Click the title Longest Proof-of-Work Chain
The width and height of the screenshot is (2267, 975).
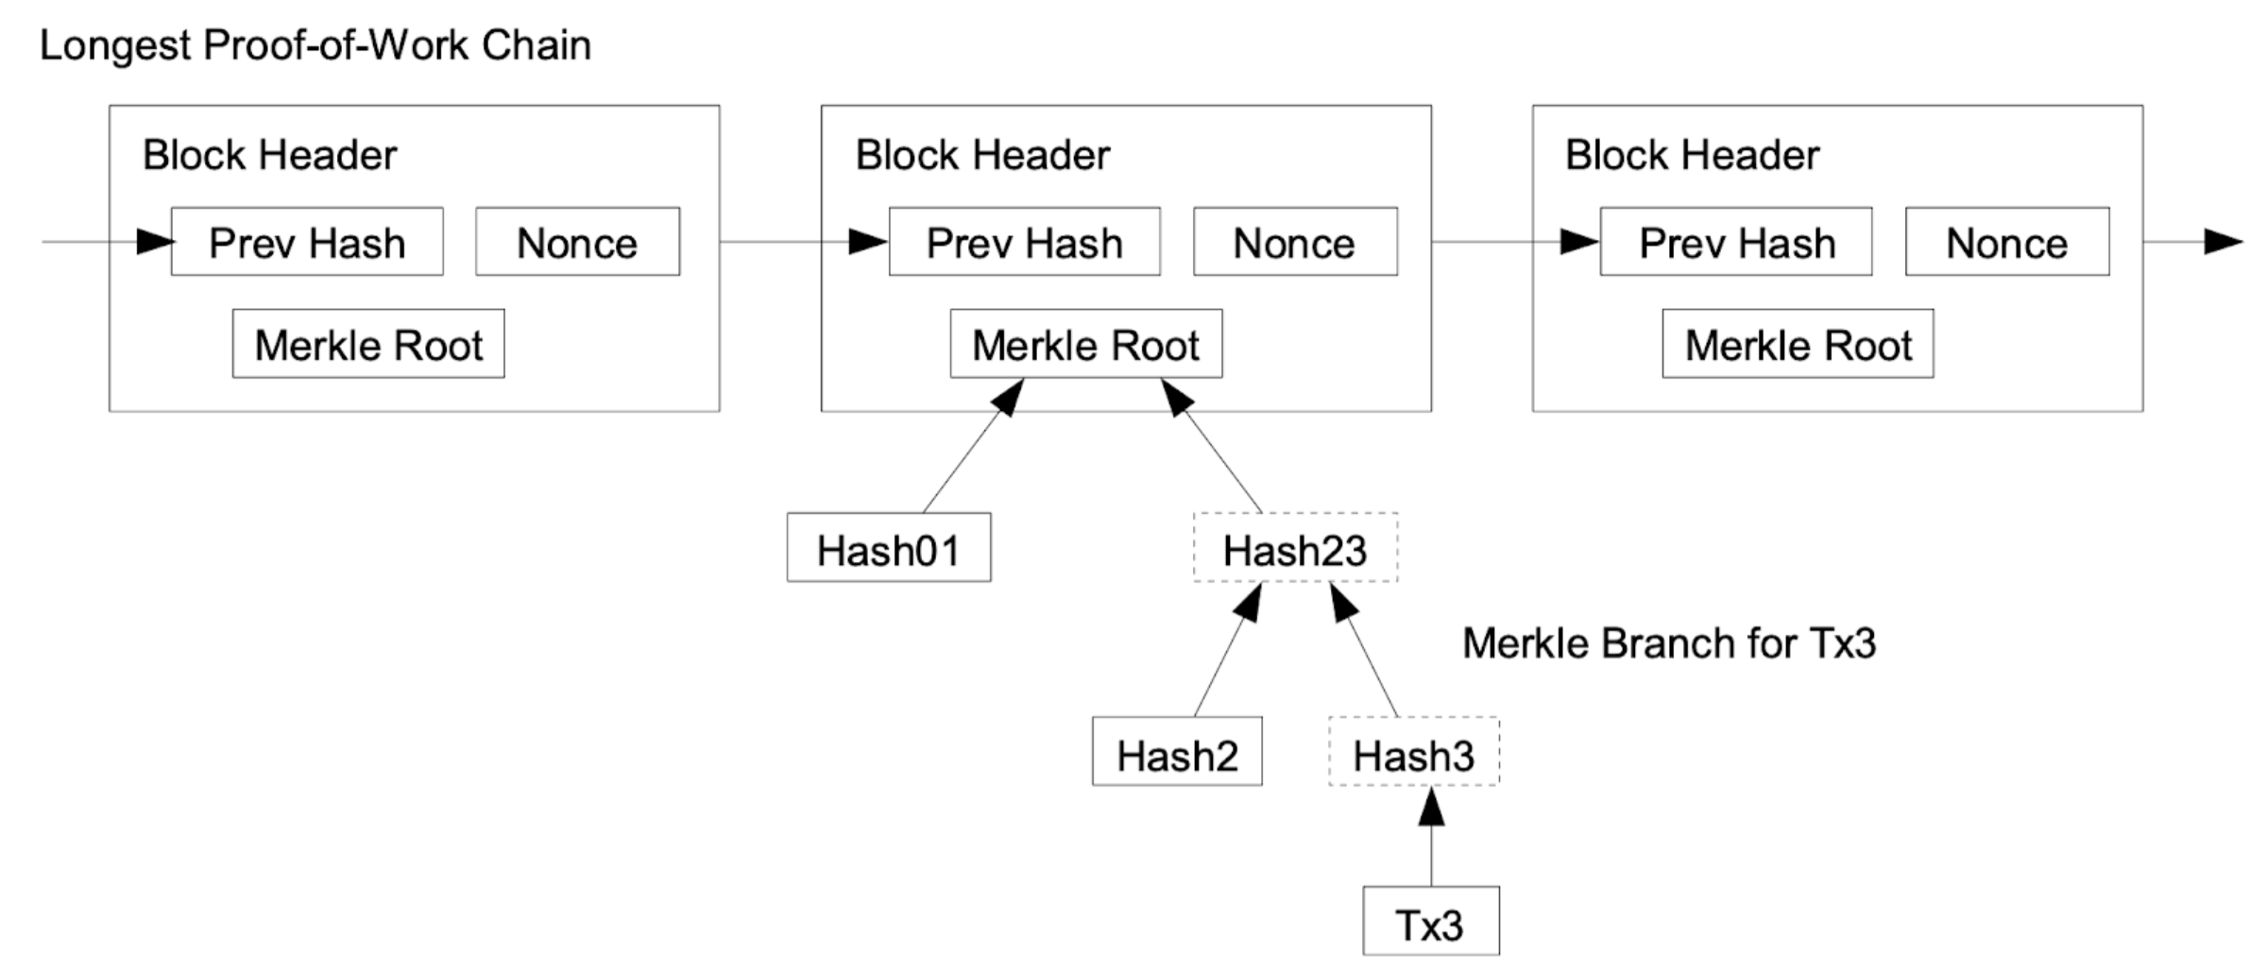(315, 45)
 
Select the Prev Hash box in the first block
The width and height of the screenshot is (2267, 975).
(307, 243)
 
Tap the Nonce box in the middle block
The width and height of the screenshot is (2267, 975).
(1295, 243)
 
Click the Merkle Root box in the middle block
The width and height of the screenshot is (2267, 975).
(1085, 345)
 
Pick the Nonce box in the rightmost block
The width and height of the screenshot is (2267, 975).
(2007, 243)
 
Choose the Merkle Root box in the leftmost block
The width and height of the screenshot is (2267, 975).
(368, 345)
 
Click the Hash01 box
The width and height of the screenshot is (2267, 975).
(889, 549)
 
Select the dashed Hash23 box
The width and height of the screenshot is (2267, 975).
(1295, 549)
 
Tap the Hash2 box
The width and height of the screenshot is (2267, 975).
(1177, 753)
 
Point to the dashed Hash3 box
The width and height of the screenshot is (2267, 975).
(1413, 753)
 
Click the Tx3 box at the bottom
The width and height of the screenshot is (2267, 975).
(1430, 922)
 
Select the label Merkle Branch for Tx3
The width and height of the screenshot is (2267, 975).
(1669, 643)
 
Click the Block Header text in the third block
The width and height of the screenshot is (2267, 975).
(1692, 155)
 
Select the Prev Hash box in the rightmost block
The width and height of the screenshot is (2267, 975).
(1736, 243)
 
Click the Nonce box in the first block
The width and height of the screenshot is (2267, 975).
(577, 243)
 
